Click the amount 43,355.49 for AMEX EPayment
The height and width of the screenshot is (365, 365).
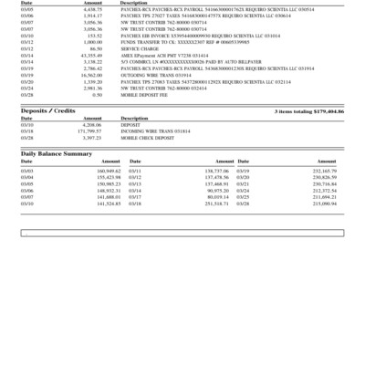[x=90, y=55]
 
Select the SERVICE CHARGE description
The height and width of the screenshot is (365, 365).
[x=137, y=48]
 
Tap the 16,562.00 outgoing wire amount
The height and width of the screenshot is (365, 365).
[x=91, y=75]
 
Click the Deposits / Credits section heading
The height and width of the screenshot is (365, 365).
[x=48, y=110]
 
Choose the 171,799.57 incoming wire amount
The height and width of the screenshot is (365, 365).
[x=89, y=130]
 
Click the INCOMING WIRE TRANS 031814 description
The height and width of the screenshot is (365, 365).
[x=153, y=130]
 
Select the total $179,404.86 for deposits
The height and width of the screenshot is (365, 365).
[x=309, y=110]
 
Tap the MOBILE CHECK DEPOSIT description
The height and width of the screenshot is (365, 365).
[x=148, y=137]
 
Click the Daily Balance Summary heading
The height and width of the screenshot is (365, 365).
[x=57, y=153]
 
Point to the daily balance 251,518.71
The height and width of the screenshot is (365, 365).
[x=215, y=203]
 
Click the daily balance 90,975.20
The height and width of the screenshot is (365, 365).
[x=216, y=190]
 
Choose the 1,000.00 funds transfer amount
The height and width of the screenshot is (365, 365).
[x=92, y=42]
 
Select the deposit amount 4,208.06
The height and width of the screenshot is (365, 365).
[x=91, y=124]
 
